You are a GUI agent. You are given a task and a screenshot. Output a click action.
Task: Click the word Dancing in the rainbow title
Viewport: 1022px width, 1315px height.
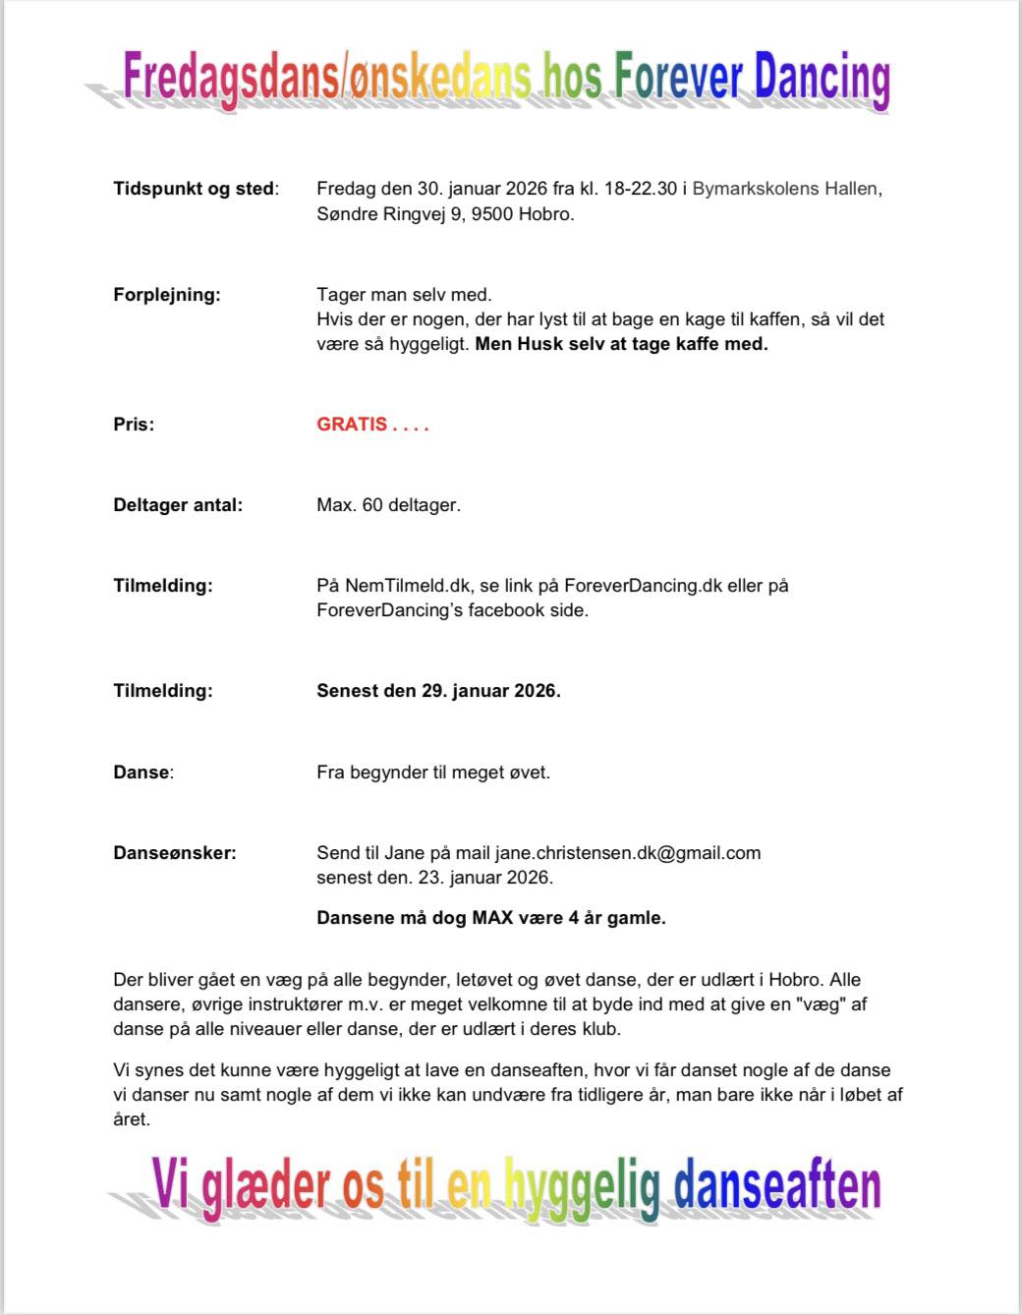tap(822, 79)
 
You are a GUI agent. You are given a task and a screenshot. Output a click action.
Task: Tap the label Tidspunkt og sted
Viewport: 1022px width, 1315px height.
tap(195, 189)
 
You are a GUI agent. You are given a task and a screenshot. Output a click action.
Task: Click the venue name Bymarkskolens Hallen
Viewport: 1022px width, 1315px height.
tap(785, 189)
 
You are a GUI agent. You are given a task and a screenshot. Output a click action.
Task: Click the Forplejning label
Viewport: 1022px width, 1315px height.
tap(167, 295)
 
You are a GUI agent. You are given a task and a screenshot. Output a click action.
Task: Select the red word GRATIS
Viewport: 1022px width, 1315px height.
tap(352, 425)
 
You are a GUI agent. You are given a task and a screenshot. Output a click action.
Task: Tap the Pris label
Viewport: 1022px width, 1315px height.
tap(134, 425)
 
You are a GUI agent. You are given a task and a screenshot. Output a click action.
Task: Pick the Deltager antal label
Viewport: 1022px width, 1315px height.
tap(178, 505)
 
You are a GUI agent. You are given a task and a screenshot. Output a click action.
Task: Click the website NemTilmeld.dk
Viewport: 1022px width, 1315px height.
tap(408, 586)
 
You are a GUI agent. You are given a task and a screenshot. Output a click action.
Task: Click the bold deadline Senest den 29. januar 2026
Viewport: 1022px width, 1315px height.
tap(438, 691)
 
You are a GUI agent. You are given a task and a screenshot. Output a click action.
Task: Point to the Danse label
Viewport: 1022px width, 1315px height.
tap(142, 772)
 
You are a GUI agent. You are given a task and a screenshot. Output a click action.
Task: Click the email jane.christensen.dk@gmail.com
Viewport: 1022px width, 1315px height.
tap(628, 853)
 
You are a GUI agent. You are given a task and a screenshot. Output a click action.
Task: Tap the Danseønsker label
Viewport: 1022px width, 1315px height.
tap(175, 853)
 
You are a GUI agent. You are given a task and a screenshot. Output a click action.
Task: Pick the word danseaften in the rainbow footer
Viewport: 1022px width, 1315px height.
tap(776, 1186)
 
